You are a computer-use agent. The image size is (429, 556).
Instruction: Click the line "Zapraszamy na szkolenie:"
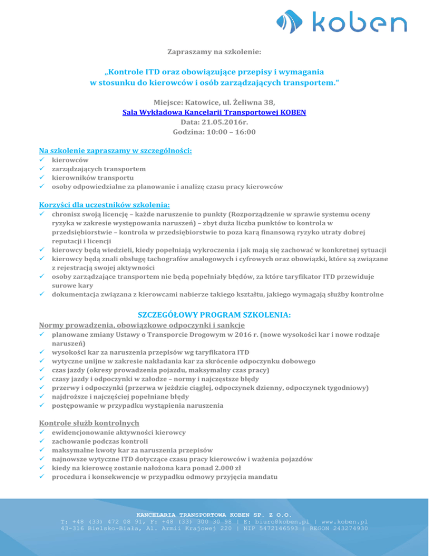click(214, 52)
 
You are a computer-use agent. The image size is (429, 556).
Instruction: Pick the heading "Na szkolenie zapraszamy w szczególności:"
click(115, 150)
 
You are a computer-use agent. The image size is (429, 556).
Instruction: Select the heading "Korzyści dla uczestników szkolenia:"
click(104, 204)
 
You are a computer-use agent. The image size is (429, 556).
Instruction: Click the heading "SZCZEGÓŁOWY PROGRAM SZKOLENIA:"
click(214, 315)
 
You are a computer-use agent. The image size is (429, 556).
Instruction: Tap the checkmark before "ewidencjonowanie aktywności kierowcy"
click(42, 432)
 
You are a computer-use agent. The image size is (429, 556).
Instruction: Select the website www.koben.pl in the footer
click(341, 521)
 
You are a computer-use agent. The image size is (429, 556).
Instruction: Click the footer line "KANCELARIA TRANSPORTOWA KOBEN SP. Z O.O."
click(214, 513)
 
